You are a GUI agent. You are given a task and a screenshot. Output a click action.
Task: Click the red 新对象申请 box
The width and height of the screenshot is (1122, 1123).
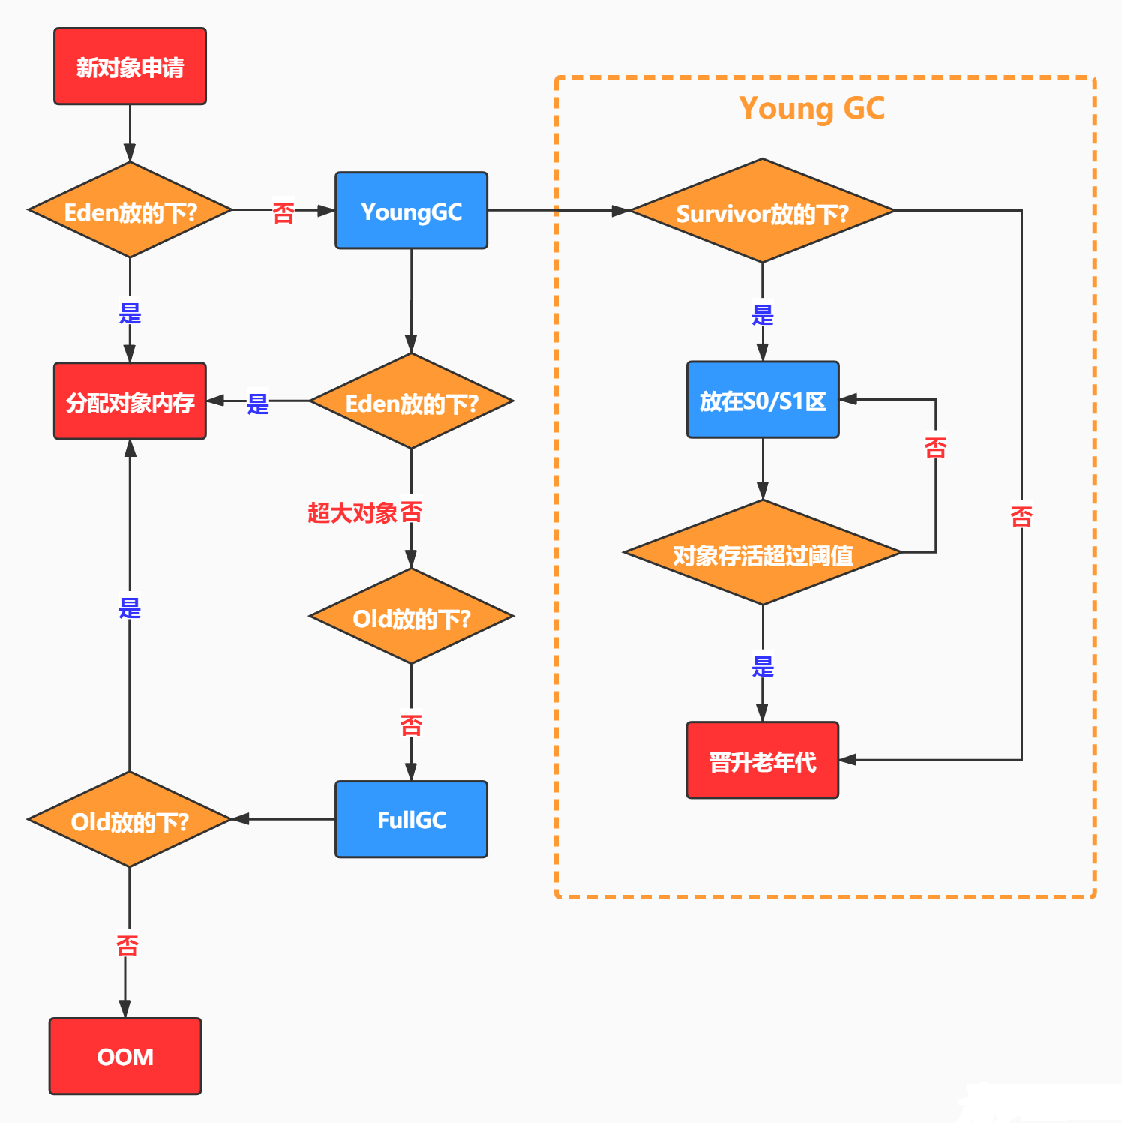pyautogui.click(x=130, y=67)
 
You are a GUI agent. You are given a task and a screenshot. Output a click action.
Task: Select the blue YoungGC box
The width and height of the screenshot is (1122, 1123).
pyautogui.click(x=411, y=211)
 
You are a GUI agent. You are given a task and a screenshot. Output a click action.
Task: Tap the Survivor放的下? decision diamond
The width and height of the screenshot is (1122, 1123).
pyautogui.click(x=762, y=212)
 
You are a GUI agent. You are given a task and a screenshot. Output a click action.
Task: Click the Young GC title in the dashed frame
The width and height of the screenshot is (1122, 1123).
pyautogui.click(x=811, y=108)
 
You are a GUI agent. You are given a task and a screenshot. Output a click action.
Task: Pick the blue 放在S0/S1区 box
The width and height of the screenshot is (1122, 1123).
pyautogui.click(x=763, y=401)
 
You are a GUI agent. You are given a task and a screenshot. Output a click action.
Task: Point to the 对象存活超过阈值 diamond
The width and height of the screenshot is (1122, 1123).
pyautogui.click(x=763, y=554)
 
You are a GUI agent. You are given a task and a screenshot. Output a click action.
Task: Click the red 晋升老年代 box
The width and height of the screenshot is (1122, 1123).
pyautogui.click(x=762, y=761)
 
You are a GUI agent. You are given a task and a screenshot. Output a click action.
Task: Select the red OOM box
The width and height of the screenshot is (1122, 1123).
pyautogui.click(x=125, y=1056)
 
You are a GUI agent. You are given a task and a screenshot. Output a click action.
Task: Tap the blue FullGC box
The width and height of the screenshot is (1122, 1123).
pyautogui.click(x=411, y=819)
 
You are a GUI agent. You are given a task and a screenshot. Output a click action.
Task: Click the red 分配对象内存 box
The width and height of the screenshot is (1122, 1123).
pyautogui.click(x=130, y=401)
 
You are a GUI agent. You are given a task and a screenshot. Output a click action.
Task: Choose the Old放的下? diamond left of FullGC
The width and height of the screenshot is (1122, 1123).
pyautogui.click(x=130, y=820)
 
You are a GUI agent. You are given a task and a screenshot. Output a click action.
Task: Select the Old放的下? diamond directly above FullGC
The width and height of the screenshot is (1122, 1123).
pyautogui.click(x=411, y=617)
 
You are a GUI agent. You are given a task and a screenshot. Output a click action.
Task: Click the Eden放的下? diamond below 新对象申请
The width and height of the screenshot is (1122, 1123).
pyautogui.click(x=130, y=211)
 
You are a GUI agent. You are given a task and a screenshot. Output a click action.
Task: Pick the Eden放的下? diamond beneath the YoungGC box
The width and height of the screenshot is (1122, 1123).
pyautogui.click(x=411, y=402)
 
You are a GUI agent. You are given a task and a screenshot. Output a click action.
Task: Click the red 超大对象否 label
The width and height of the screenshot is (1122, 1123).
pyautogui.click(x=364, y=512)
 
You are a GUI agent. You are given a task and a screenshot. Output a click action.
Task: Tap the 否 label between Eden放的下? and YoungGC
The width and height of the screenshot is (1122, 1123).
pyautogui.click(x=283, y=212)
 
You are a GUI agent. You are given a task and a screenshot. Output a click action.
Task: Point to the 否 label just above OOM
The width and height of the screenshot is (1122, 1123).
pyautogui.click(x=127, y=944)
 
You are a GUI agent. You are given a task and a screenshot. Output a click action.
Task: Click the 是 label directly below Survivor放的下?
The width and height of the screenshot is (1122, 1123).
pyautogui.click(x=762, y=314)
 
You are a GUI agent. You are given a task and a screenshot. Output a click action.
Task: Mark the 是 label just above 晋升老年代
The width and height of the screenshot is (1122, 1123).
pyautogui.click(x=762, y=665)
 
